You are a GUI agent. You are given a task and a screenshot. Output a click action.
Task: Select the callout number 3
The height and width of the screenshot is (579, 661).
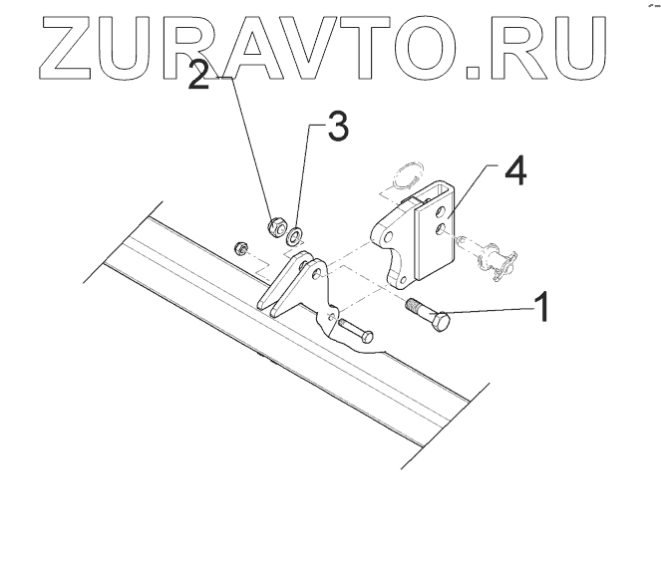[x=338, y=129]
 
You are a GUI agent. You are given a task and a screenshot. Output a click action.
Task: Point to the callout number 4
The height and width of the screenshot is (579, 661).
[x=513, y=171]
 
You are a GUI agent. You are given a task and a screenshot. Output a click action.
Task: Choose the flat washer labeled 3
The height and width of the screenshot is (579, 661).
[x=296, y=235]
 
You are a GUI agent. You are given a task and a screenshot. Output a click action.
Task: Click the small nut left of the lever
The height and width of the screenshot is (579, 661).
[x=239, y=247]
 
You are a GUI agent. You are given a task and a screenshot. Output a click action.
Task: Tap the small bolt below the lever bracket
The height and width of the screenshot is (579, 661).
[x=355, y=329]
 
